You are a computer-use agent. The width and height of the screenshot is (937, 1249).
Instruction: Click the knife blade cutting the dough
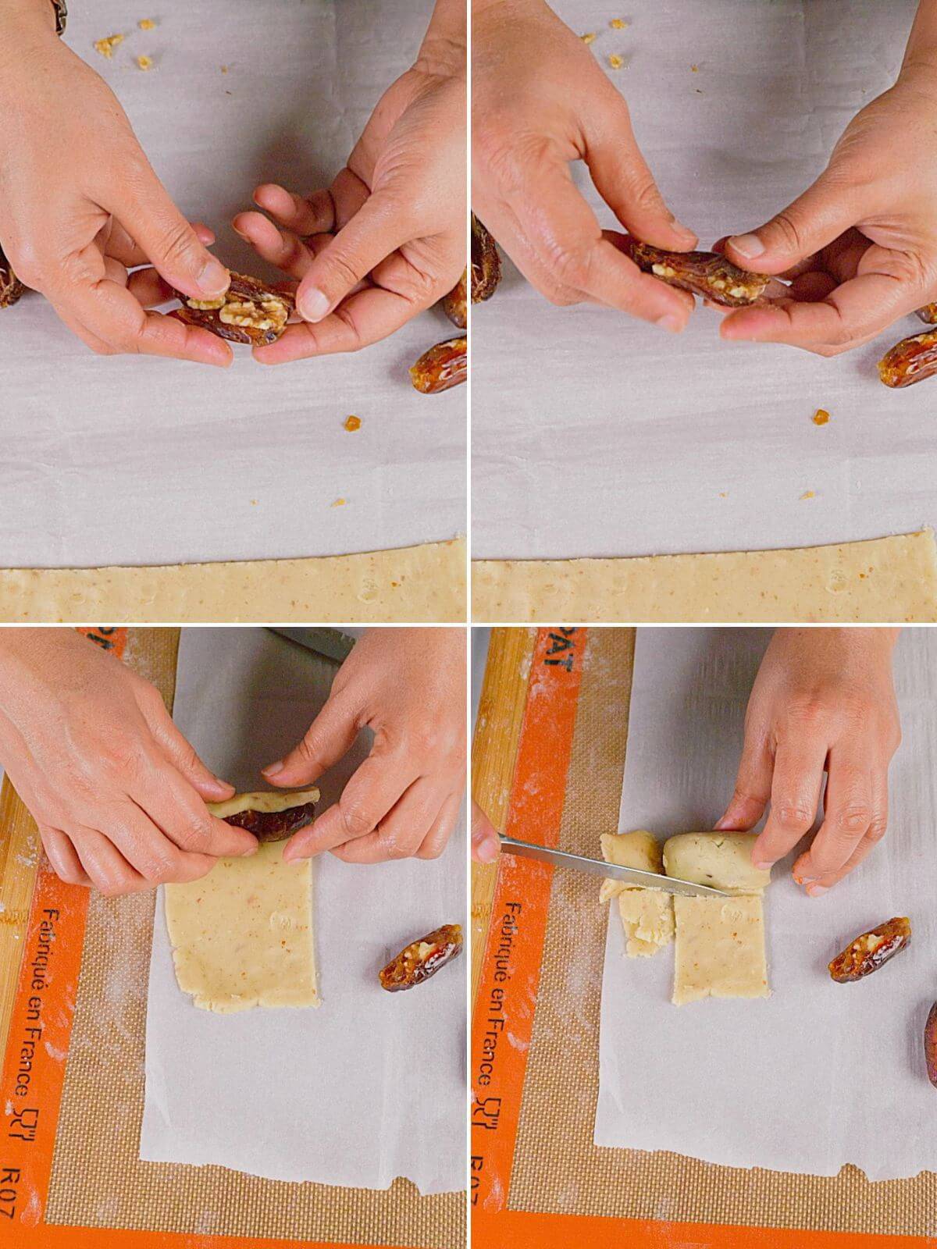pyautogui.click(x=593, y=862)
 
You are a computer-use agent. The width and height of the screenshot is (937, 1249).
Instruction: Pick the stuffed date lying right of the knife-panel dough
pyautogui.click(x=869, y=948)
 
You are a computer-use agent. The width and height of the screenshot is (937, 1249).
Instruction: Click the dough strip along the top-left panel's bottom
pyautogui.click(x=234, y=593)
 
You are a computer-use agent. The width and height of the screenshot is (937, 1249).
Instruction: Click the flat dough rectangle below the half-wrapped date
pyautogui.click(x=242, y=937)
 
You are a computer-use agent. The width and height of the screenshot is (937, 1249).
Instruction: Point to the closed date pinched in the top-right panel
pyautogui.click(x=687, y=273)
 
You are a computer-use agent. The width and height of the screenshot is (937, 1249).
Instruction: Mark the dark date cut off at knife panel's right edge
pyautogui.click(x=929, y=1030)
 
